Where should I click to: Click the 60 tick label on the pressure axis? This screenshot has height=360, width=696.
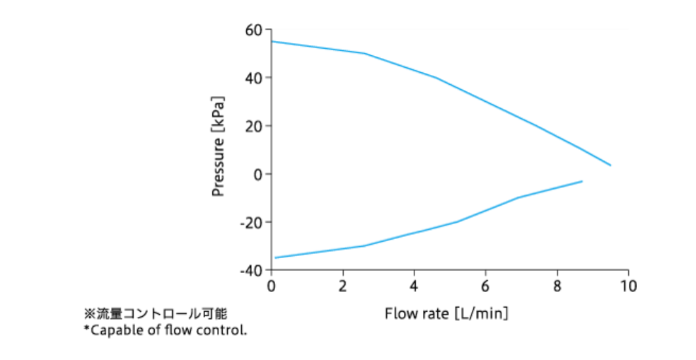[x=254, y=30]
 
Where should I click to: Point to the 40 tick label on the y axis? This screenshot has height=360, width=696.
[x=254, y=78]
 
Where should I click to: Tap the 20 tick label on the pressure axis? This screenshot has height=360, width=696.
[x=254, y=126]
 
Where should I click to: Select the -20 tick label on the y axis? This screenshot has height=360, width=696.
[x=251, y=222]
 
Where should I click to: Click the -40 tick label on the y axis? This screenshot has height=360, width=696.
[x=251, y=270]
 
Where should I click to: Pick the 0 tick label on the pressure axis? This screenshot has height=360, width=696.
[x=258, y=174]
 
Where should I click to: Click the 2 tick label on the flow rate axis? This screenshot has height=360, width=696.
[x=343, y=286]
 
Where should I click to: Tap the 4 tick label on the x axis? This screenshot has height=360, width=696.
[x=414, y=286]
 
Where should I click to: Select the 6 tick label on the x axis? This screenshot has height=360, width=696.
[x=485, y=286]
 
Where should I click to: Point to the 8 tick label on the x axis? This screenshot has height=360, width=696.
[x=557, y=286]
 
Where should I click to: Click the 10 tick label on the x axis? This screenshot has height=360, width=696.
[x=628, y=286]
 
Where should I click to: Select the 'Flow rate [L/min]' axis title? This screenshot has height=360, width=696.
[x=446, y=312]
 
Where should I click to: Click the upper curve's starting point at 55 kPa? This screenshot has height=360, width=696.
[x=272, y=41]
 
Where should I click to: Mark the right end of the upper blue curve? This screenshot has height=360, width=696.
[x=610, y=166]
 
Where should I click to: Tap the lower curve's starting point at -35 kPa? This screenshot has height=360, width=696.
[x=274, y=257]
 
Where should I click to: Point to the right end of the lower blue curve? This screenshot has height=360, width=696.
[x=581, y=182]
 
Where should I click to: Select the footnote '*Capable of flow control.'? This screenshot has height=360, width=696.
[x=165, y=330]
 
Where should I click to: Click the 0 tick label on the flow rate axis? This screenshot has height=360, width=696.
[x=272, y=286]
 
